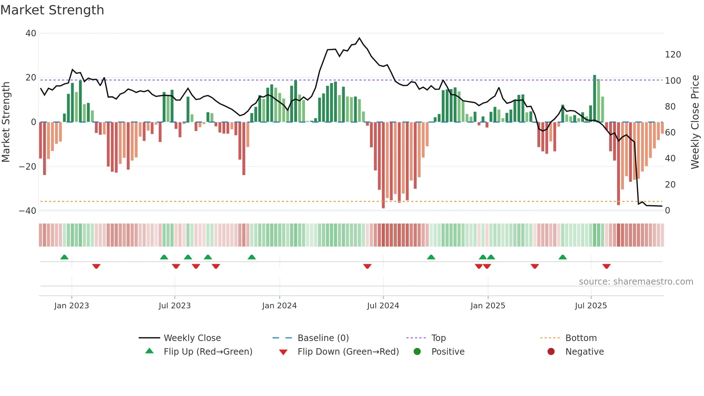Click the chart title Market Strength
pyautogui.click(x=52, y=10)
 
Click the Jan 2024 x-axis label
pyautogui.click(x=279, y=306)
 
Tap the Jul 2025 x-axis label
pyautogui.click(x=590, y=306)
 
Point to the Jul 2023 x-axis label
pyautogui.click(x=175, y=306)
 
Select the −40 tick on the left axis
pyautogui.click(x=28, y=211)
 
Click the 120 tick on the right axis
pyautogui.click(x=673, y=55)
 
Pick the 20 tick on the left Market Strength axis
pyautogui.click(x=31, y=78)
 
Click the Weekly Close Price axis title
pyautogui.click(x=695, y=122)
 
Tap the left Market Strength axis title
pyautogui.click(x=6, y=122)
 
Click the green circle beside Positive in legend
pyautogui.click(x=417, y=352)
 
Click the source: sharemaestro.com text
pyautogui.click(x=636, y=282)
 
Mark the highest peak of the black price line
pyautogui.click(x=360, y=38)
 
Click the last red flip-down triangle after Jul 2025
pyautogui.click(x=607, y=266)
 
